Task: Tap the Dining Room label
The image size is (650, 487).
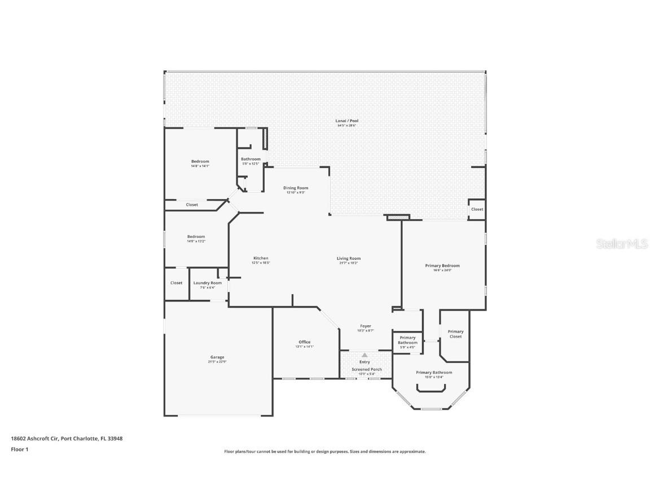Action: coord(296,188)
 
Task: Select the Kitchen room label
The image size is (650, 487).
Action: coord(260,258)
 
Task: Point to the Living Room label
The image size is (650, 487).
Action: coord(348,258)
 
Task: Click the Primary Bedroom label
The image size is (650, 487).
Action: coord(442,265)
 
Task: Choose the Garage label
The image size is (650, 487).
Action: coord(217,357)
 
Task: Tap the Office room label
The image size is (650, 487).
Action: coord(305,342)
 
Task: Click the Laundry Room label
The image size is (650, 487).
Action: coord(207,283)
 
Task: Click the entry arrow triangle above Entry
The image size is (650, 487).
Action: coord(364,355)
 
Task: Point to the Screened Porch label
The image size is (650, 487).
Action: coord(367,369)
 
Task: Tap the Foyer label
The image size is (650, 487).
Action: coord(366,326)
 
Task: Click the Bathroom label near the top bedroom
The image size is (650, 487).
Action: coord(251,159)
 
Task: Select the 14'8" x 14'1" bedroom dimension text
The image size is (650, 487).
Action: coord(200,166)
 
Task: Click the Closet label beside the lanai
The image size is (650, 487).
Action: coord(477,209)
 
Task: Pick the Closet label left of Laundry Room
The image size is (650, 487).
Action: coord(177,283)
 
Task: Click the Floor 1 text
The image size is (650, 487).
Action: coord(19,449)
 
